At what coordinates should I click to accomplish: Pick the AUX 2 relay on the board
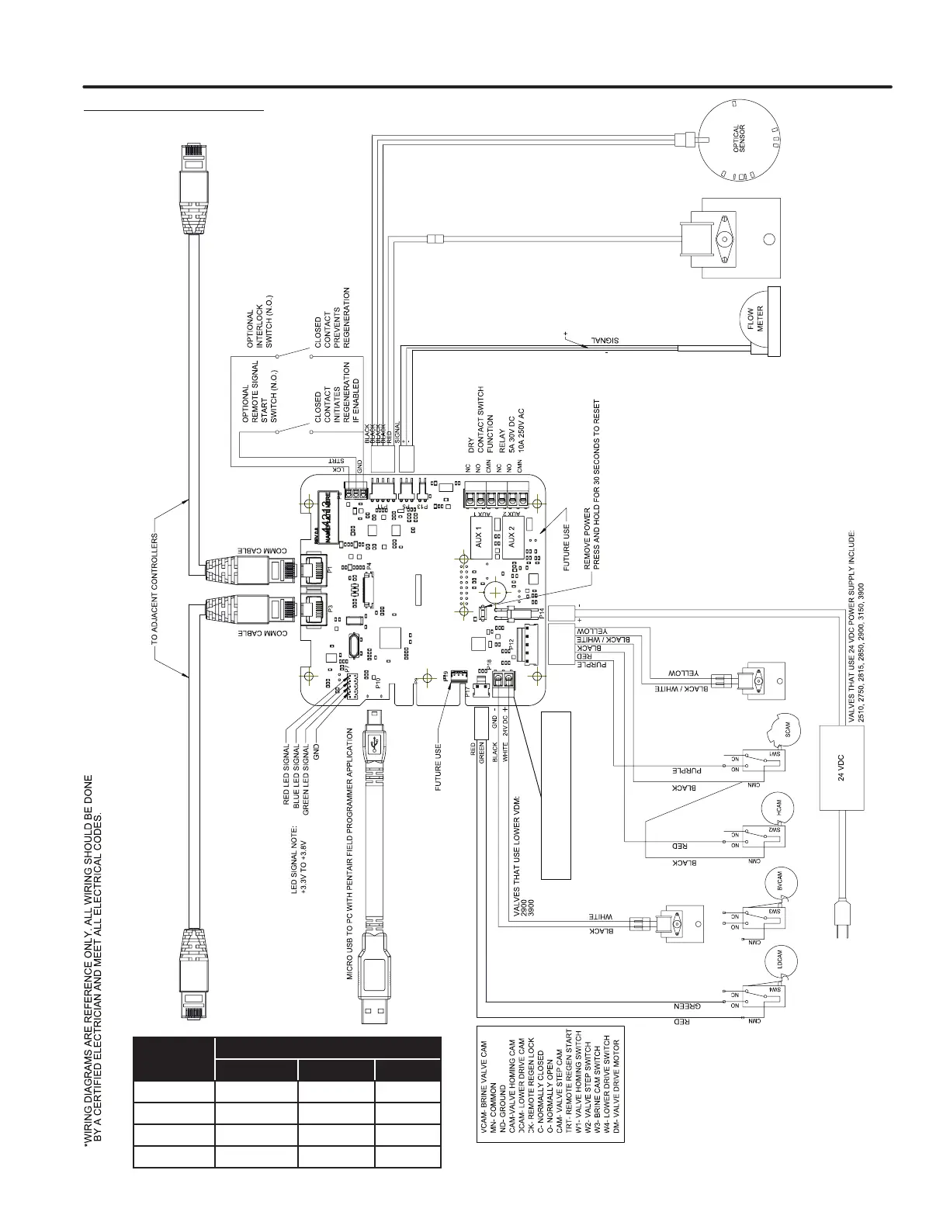tap(511, 537)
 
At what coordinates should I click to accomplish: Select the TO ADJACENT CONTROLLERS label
tap(154, 589)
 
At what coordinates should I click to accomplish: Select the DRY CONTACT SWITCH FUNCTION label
tap(480, 420)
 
